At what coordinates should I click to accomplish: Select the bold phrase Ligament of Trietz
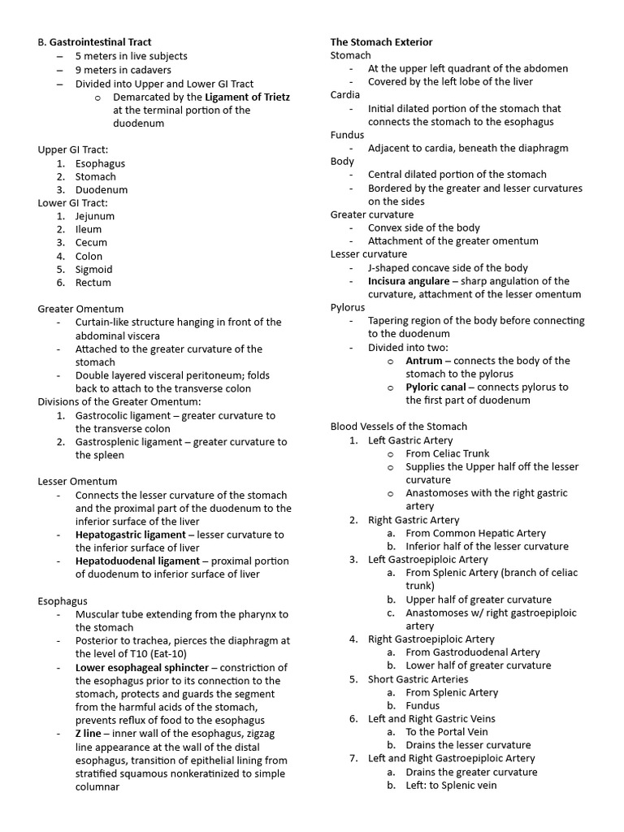tap(247, 97)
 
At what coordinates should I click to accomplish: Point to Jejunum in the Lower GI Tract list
tap(95, 216)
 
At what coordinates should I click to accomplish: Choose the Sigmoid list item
tap(93, 269)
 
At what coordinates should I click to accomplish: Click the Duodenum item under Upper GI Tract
tap(102, 189)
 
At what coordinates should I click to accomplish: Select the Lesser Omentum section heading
tap(77, 482)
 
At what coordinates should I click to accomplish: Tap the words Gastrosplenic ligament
tap(125, 442)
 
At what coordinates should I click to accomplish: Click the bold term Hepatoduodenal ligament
tap(137, 561)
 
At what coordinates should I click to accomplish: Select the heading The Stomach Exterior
tap(381, 42)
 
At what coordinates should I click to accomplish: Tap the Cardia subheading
tap(345, 95)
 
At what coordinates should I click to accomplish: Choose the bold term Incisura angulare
tap(408, 281)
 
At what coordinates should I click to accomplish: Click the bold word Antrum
tap(424, 361)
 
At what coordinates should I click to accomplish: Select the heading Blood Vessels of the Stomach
tap(398, 427)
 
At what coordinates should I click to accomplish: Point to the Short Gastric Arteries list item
tap(417, 679)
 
